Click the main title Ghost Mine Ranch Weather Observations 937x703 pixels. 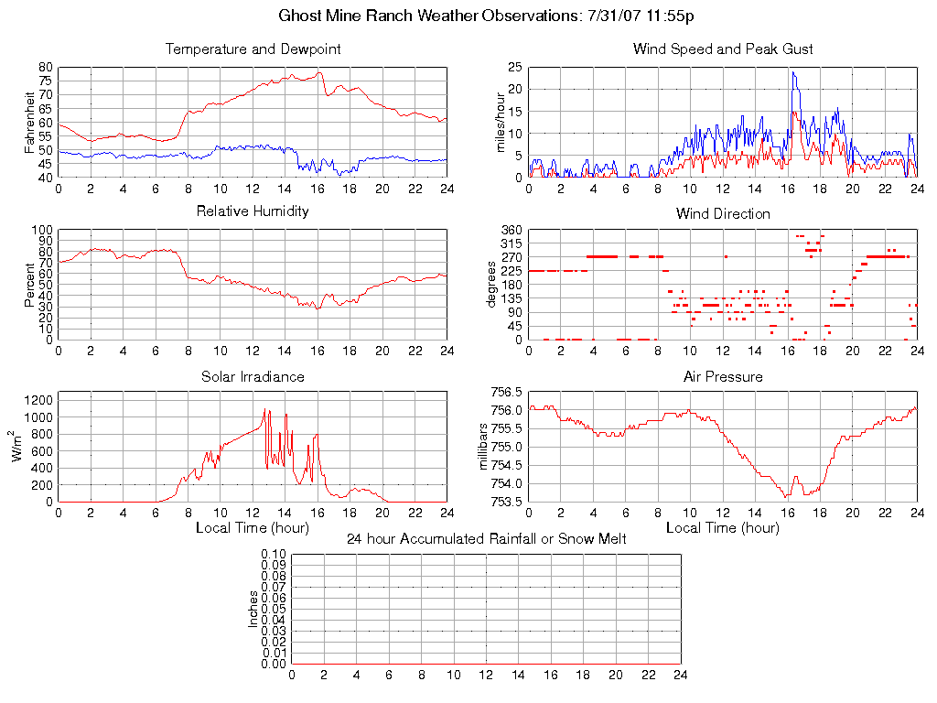pyautogui.click(x=484, y=16)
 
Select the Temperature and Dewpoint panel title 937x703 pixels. pyautogui.click(x=253, y=49)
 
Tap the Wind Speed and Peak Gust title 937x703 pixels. pyautogui.click(x=723, y=49)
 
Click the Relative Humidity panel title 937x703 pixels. pyautogui.click(x=253, y=211)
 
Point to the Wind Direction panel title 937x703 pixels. pyautogui.click(x=723, y=214)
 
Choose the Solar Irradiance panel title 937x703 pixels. pyautogui.click(x=253, y=376)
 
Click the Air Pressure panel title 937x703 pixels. pyautogui.click(x=723, y=376)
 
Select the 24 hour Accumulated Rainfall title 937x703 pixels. pyautogui.click(x=486, y=539)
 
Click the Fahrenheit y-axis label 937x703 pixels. pyautogui.click(x=29, y=123)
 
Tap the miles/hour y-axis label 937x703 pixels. pyautogui.click(x=500, y=123)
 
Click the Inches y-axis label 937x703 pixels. pyautogui.click(x=253, y=610)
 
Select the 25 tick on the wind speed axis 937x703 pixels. pyautogui.click(x=514, y=68)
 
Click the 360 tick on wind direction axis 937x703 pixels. pyautogui.click(x=510, y=231)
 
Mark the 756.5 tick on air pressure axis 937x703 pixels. pyautogui.click(x=510, y=393)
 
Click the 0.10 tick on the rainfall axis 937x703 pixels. pyautogui.click(x=274, y=555)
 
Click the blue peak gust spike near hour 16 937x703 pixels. pyautogui.click(x=793, y=73)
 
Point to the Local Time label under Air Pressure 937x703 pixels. pyautogui.click(x=723, y=528)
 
